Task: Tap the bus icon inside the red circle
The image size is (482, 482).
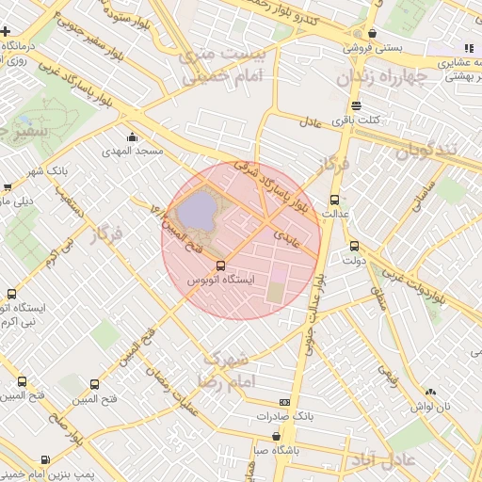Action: point(220,266)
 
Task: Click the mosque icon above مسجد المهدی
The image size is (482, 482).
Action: point(132,137)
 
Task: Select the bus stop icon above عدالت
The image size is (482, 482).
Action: point(334,200)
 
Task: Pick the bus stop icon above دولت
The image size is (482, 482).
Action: point(354,247)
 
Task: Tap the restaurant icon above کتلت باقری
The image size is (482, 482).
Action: point(356,106)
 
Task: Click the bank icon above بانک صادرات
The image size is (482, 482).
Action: point(285,402)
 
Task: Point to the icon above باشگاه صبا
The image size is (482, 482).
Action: point(275,437)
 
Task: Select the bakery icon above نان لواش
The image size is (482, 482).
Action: point(430,392)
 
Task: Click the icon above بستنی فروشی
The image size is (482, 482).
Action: point(373,33)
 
